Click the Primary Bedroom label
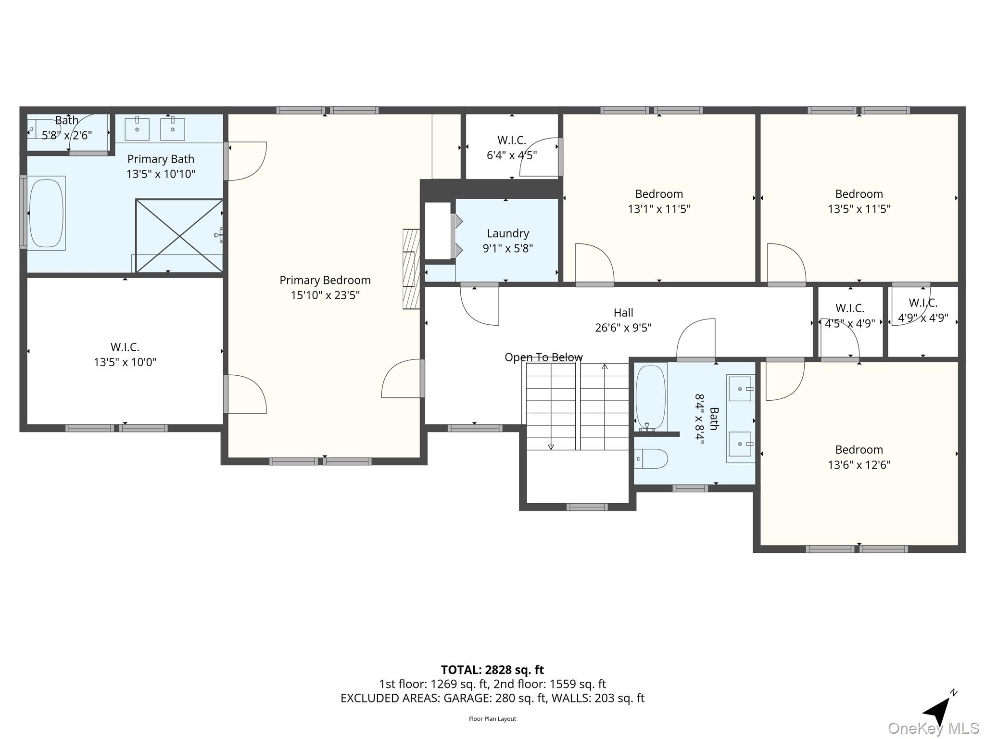(x=325, y=280)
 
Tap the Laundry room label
(x=507, y=233)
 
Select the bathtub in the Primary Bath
(x=46, y=213)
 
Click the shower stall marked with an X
(x=179, y=236)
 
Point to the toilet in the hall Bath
(x=651, y=459)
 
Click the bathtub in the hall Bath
(x=650, y=397)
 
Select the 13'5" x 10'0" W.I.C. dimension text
(x=125, y=362)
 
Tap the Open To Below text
(x=543, y=357)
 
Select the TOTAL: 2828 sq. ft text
(x=492, y=670)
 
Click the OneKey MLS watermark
(x=933, y=728)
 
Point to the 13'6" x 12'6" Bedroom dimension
(x=859, y=465)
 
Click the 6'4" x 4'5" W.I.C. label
(x=511, y=155)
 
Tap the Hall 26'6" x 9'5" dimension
(x=623, y=328)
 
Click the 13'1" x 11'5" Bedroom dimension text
(x=658, y=209)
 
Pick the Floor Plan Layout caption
(x=492, y=719)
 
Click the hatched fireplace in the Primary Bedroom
(x=411, y=268)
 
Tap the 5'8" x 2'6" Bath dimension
(x=66, y=135)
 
